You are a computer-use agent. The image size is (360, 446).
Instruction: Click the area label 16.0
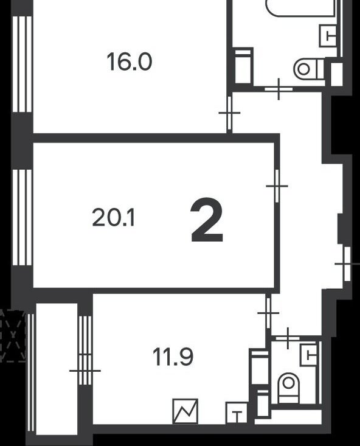pyautogui.click(x=130, y=62)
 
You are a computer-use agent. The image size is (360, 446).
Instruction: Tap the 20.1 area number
pyautogui.click(x=114, y=218)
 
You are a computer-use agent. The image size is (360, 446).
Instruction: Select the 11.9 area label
pyautogui.click(x=173, y=357)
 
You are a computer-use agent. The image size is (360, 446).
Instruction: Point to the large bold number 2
pyautogui.click(x=207, y=220)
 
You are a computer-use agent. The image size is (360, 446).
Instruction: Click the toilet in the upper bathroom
pyautogui.click(x=309, y=69)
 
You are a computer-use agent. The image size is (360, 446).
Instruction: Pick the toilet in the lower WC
pyautogui.click(x=289, y=388)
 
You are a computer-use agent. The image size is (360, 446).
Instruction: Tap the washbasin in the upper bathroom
pyautogui.click(x=329, y=35)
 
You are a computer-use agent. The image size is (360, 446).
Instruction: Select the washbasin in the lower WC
pyautogui.click(x=309, y=355)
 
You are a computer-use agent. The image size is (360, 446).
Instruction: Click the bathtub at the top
pyautogui.click(x=300, y=8)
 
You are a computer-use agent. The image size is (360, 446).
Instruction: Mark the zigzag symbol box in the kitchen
pyautogui.click(x=185, y=411)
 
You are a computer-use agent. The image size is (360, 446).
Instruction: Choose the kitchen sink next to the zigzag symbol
pyautogui.click(x=237, y=413)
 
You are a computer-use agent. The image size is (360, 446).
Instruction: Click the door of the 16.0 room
pyautogui.click(x=229, y=113)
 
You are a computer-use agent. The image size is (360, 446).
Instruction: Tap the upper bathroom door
pyautogui.click(x=279, y=89)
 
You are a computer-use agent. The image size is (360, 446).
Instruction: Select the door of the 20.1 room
pyautogui.click(x=277, y=186)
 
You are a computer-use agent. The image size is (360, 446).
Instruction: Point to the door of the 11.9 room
pyautogui.click(x=268, y=313)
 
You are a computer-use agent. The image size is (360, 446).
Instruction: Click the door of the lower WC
pyautogui.click(x=288, y=338)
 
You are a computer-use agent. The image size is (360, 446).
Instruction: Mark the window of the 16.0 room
pyautogui.click(x=22, y=64)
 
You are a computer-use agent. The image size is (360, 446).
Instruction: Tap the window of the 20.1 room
pyautogui.click(x=22, y=217)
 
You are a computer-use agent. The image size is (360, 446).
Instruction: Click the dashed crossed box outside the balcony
pyautogui.click(x=13, y=336)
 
